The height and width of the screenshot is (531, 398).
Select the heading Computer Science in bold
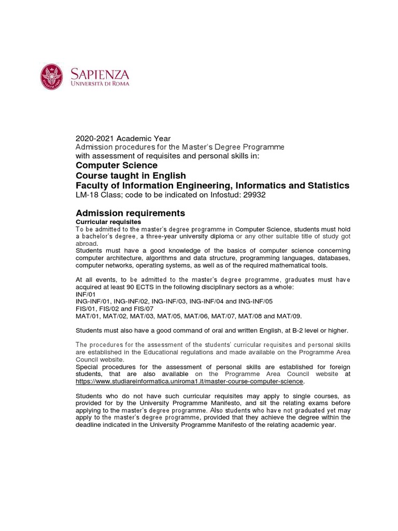[x=117, y=165]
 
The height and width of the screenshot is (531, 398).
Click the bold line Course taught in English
[x=131, y=175]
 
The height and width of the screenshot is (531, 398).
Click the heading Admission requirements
[x=130, y=213]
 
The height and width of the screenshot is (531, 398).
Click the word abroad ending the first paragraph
[x=86, y=243]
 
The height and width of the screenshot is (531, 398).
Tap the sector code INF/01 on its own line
[x=86, y=294]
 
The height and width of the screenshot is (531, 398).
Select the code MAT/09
[x=289, y=316]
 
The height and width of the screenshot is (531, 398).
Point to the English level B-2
[x=289, y=330]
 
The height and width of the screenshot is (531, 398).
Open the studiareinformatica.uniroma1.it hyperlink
[x=189, y=381]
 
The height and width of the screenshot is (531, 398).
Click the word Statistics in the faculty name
[x=326, y=186]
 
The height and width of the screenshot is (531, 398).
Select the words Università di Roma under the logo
[x=101, y=83]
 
